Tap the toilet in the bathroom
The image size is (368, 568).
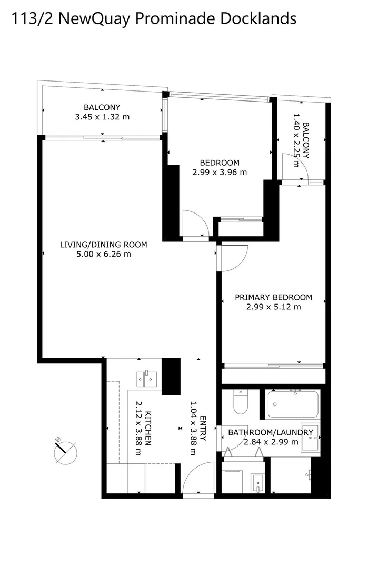click(240, 402)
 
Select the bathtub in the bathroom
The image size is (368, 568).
click(292, 404)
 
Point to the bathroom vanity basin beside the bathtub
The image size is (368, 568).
click(311, 437)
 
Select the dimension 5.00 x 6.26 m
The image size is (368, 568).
click(103, 254)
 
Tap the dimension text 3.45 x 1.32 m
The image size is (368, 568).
click(102, 117)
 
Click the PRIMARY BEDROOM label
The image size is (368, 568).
click(273, 297)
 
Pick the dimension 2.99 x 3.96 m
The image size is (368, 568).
click(220, 172)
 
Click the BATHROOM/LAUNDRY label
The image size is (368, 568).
click(271, 433)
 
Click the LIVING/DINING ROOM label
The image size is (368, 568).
click(103, 245)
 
